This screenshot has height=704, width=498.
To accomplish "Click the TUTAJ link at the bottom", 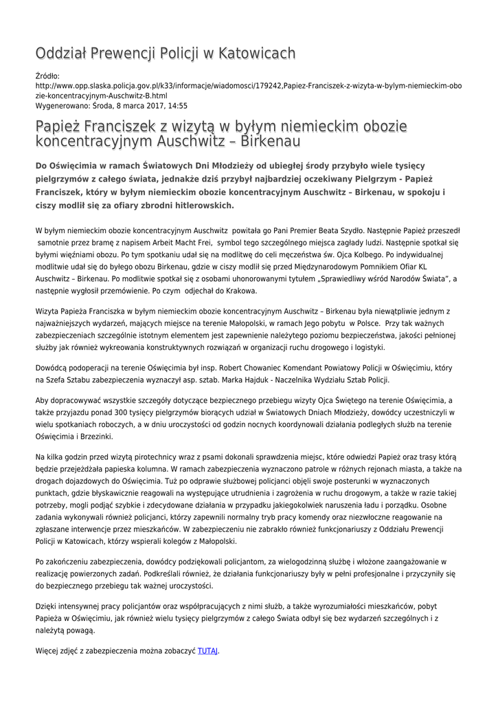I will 207,650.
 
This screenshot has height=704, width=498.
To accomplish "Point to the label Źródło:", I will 47,76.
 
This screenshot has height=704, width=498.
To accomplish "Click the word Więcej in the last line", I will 47,650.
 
